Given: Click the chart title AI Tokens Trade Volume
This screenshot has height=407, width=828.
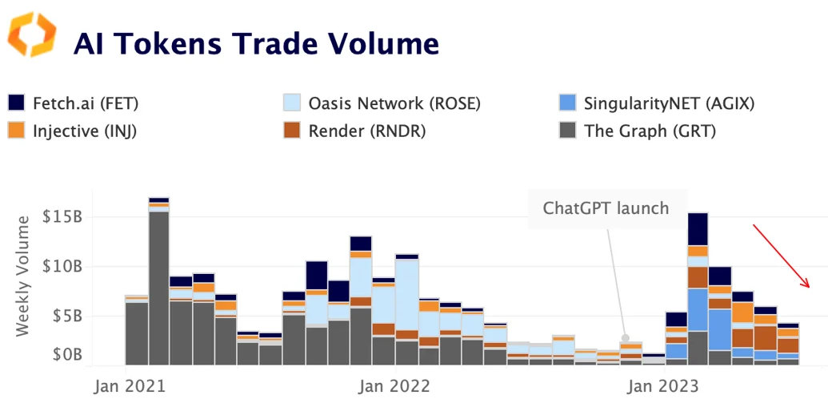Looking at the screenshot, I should (x=256, y=43).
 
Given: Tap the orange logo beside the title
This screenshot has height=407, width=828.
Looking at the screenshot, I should (x=32, y=34).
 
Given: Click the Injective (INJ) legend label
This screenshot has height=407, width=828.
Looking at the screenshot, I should (x=85, y=131).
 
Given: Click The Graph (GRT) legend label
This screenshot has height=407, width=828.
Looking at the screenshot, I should (x=650, y=131).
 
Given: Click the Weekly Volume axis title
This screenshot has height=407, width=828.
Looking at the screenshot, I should (x=24, y=274).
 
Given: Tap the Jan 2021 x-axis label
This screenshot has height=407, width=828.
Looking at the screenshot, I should (x=130, y=386).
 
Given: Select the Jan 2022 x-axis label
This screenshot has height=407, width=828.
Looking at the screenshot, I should (x=394, y=386).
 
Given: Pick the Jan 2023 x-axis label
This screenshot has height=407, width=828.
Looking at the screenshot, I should (x=663, y=386).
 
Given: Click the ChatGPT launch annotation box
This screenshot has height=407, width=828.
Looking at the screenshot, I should (x=606, y=208).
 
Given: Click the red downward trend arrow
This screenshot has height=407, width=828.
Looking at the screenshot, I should (x=782, y=256).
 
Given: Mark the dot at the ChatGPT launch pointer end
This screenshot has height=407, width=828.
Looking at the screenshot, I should (x=626, y=339).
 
